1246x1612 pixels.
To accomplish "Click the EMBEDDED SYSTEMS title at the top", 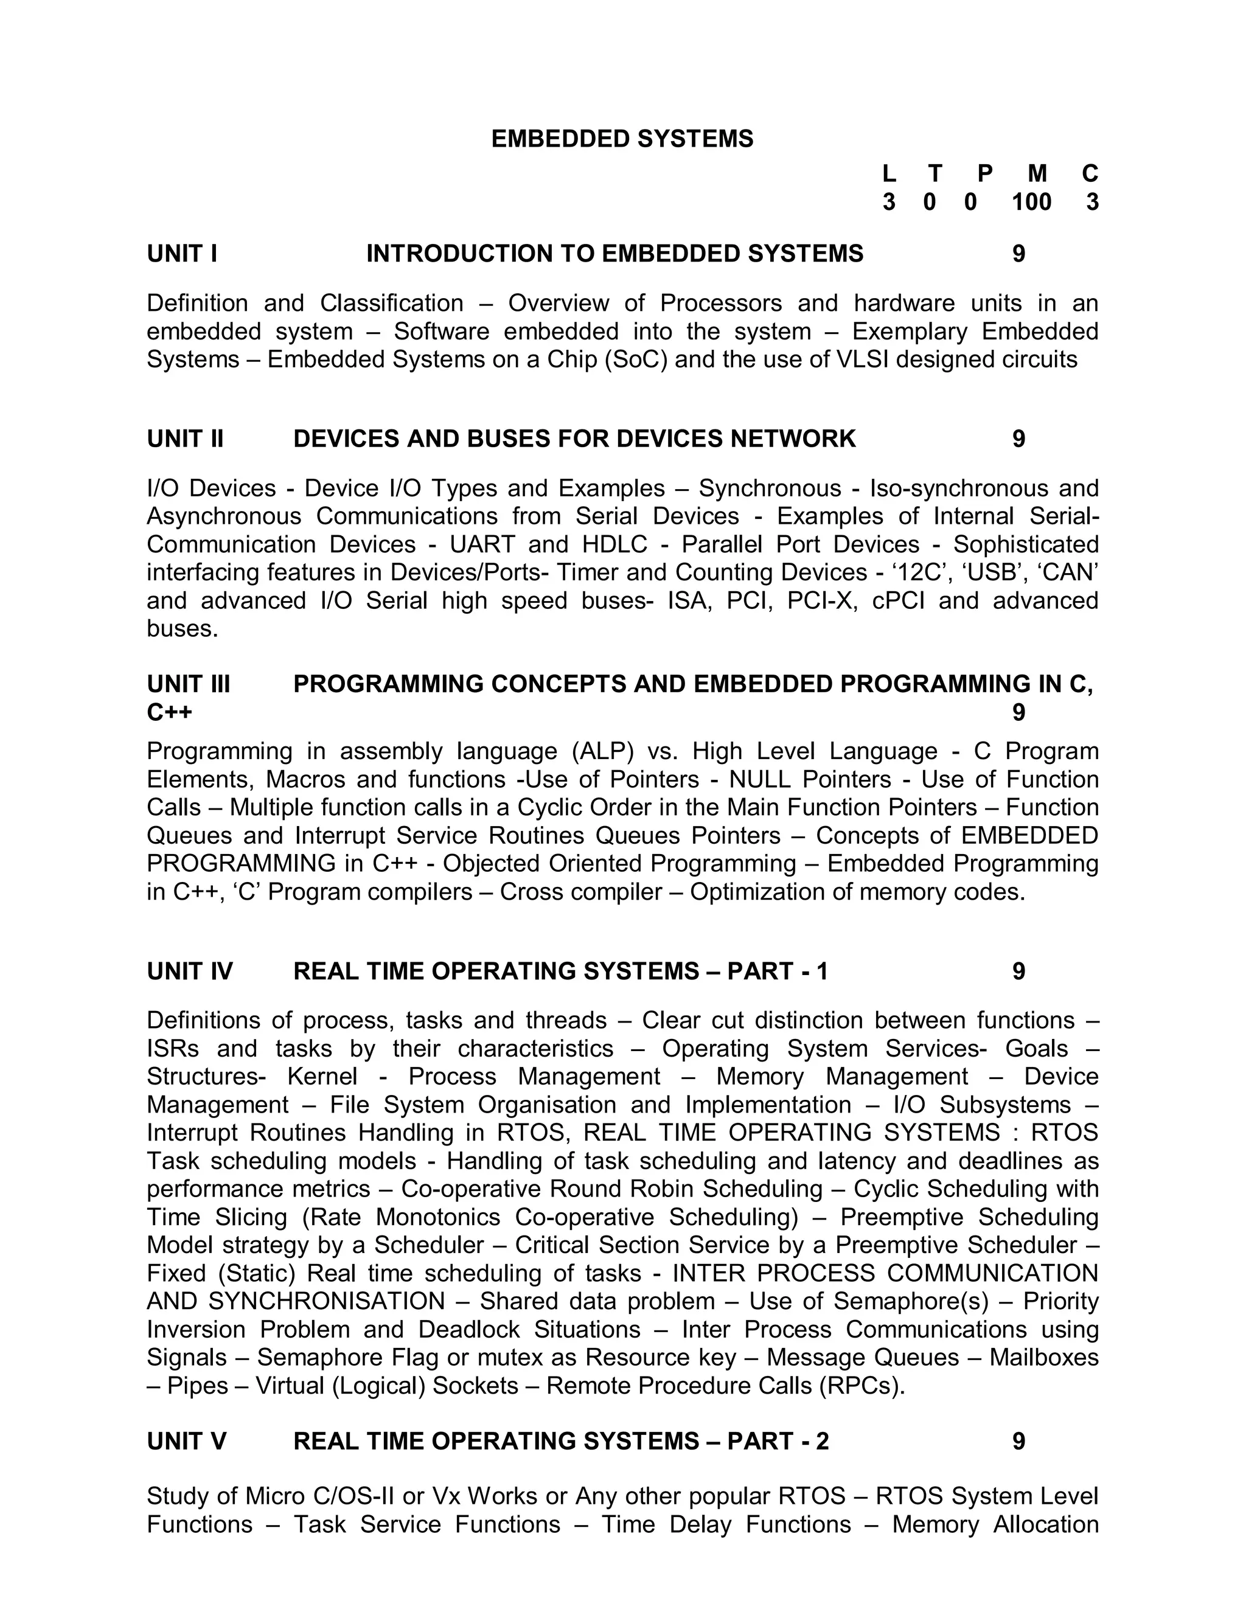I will coord(622,139).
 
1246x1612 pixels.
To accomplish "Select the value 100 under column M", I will coord(1031,201).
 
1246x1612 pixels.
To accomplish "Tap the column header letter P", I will coord(985,173).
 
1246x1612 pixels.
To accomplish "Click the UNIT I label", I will coord(181,254).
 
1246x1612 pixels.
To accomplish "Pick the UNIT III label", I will coord(188,684).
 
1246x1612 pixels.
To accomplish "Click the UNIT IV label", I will coord(190,971).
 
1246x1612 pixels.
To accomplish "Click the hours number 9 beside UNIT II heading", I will coord(1018,439).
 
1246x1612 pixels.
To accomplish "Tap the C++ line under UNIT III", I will coord(169,713).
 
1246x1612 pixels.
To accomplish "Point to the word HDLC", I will coord(614,544).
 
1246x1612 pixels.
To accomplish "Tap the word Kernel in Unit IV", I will coord(322,1077).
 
